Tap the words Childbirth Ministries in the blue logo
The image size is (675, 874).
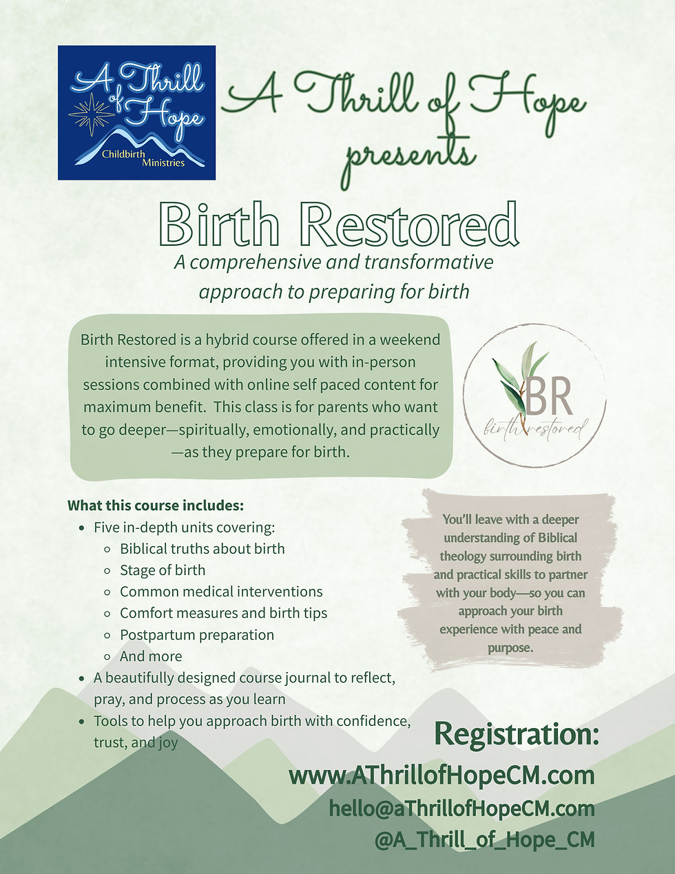[x=144, y=158]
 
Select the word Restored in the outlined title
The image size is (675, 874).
[x=410, y=225]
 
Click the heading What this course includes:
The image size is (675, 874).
[x=156, y=506]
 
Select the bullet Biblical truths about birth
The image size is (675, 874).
[x=202, y=549]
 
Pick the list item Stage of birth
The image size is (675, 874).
[x=163, y=570]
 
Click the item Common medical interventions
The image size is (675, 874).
[x=221, y=592]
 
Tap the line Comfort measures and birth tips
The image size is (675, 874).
[x=223, y=613]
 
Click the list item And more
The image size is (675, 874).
[x=151, y=656]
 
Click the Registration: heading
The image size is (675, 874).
[x=517, y=735]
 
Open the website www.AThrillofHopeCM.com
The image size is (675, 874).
[x=442, y=776]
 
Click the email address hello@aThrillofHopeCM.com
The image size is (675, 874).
[x=461, y=808]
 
